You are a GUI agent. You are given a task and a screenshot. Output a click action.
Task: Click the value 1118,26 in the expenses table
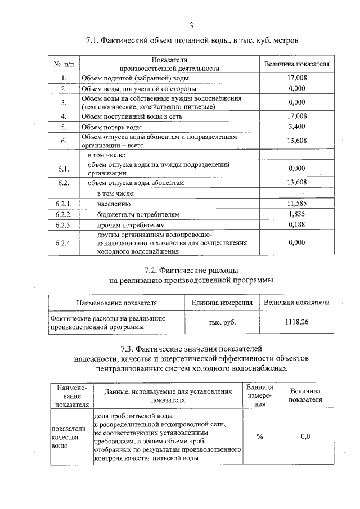[x=296, y=322]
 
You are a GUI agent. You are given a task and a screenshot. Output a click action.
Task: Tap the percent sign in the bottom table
[x=260, y=436]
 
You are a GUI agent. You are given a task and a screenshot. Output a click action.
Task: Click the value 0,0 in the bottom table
[x=305, y=436]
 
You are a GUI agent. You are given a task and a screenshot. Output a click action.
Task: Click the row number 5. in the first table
[x=64, y=127]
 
